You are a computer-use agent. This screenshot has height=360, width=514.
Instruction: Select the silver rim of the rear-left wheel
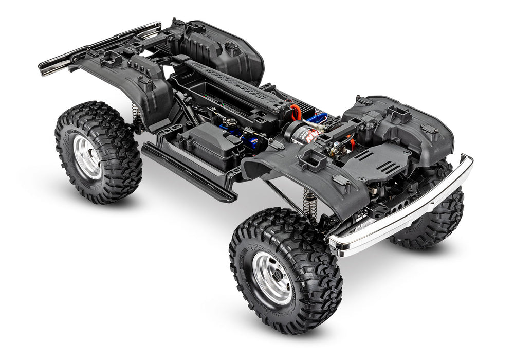pyautogui.click(x=87, y=157)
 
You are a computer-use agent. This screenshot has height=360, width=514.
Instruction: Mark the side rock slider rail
pyautogui.click(x=188, y=172)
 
